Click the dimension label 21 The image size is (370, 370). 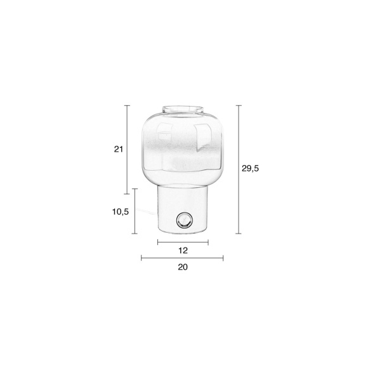pos(119,149)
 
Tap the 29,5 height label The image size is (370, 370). pos(250,168)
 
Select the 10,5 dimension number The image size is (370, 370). pos(121,212)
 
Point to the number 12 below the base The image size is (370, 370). pos(183,250)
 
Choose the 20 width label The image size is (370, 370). pos(183,267)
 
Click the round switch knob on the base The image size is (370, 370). pos(185,221)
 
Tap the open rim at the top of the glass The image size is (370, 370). pos(183,110)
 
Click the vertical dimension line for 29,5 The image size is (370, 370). pos(239,169)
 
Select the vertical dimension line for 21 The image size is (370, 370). pos(127,150)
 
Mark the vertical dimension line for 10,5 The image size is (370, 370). pos(135,211)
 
